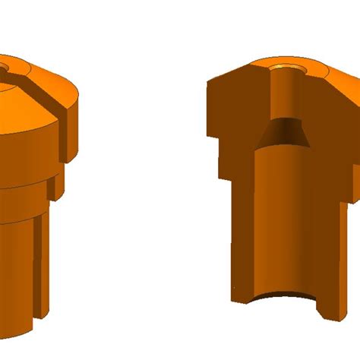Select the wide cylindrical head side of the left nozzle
(x=30, y=152)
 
